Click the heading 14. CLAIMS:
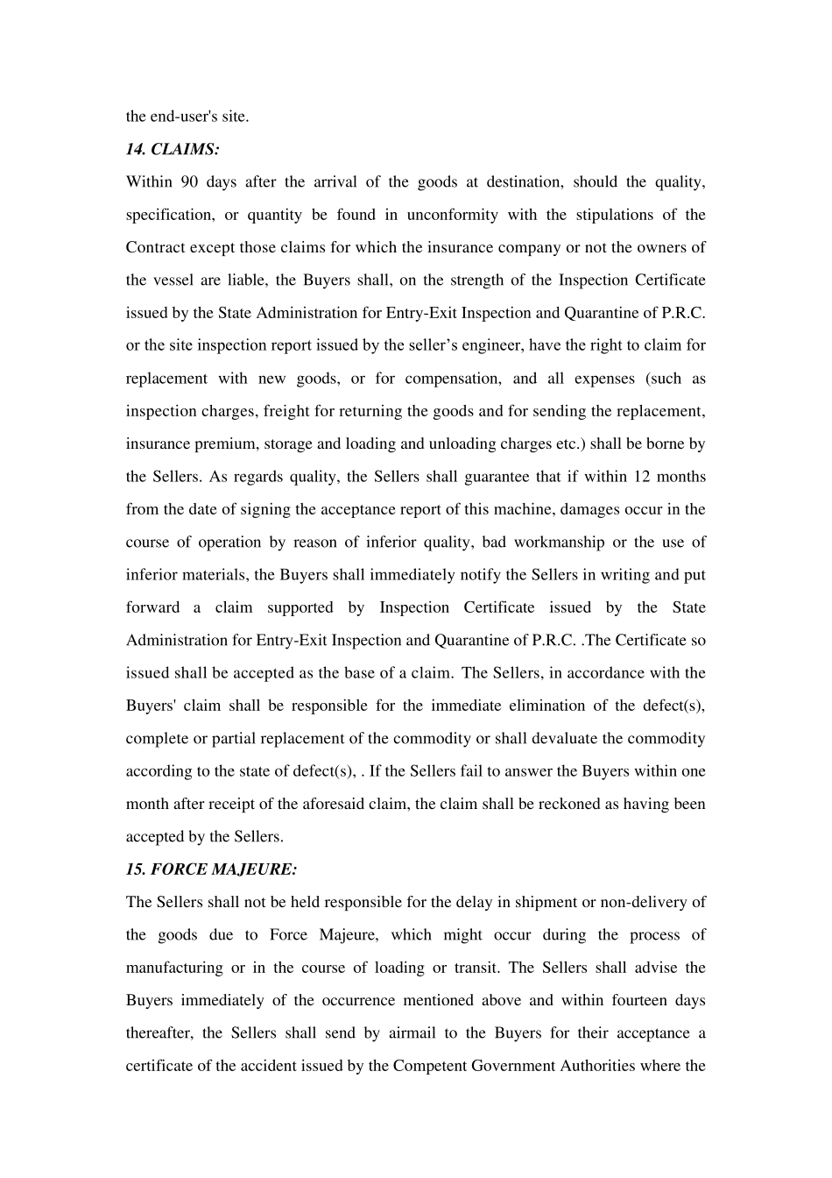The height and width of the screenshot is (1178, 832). point(173,149)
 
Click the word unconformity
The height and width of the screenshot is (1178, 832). point(452,215)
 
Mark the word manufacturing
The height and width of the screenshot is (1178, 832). point(174,968)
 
